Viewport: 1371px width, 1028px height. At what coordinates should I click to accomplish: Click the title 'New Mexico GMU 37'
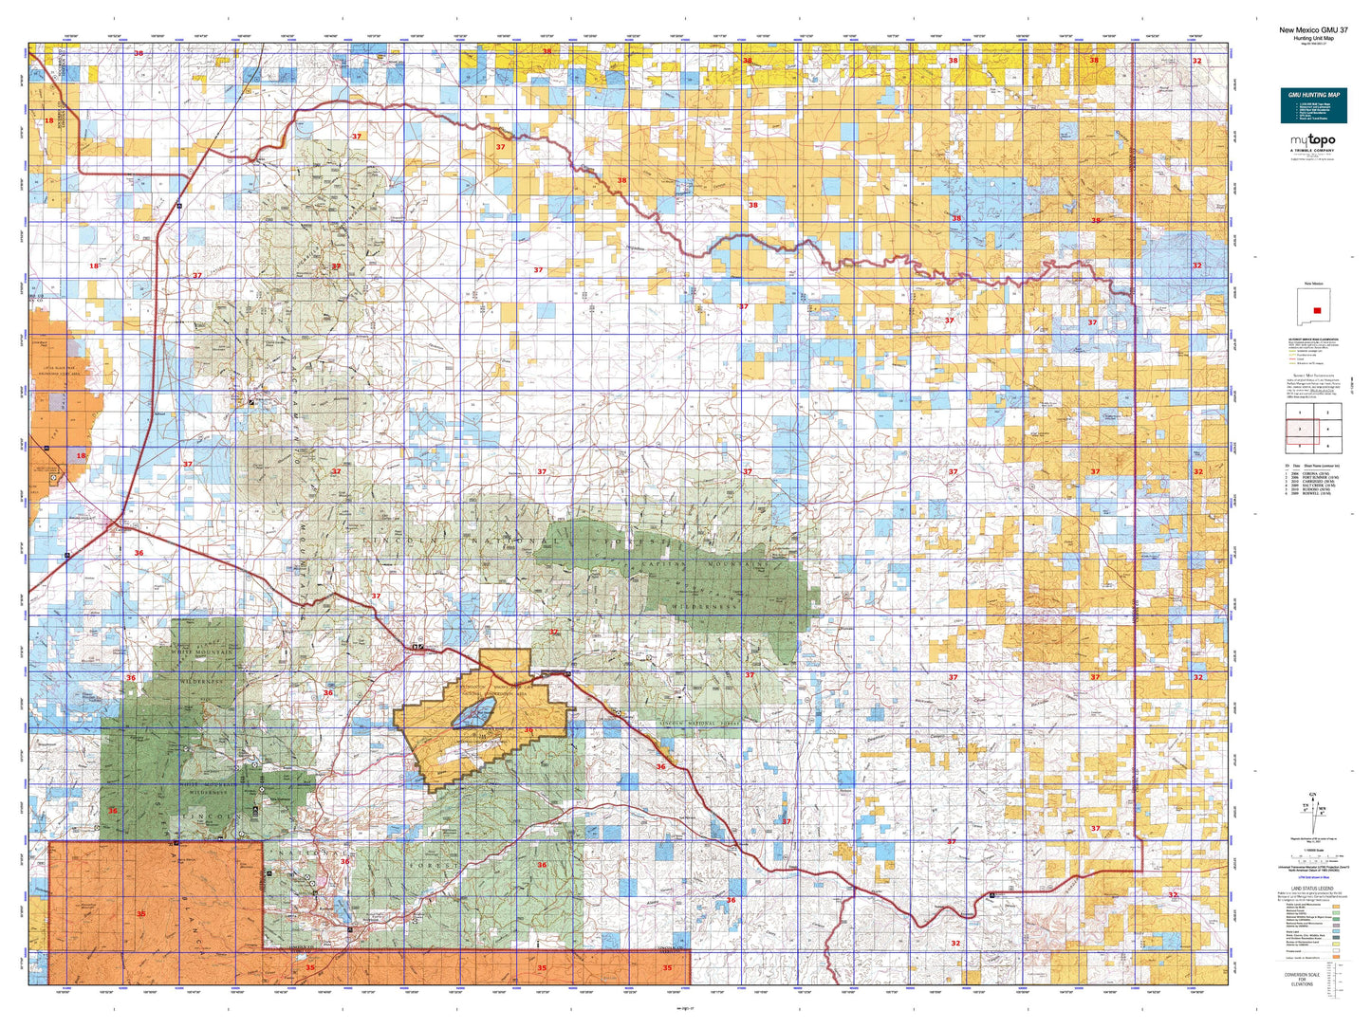coord(1313,29)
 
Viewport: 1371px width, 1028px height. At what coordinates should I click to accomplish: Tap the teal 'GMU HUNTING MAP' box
coord(1313,105)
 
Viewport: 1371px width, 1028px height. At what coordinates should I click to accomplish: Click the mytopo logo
coord(1313,141)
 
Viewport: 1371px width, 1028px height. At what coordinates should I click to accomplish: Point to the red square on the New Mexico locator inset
coord(1316,310)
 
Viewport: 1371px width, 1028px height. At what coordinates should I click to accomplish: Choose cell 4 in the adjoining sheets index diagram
coord(1327,430)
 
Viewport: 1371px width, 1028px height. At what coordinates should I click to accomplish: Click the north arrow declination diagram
coord(1313,813)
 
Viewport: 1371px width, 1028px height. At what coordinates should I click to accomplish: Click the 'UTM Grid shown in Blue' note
coord(1313,880)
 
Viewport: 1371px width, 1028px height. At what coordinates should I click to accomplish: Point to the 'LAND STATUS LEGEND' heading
coord(1313,889)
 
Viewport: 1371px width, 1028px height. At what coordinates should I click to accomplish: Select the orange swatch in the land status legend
coord(1337,957)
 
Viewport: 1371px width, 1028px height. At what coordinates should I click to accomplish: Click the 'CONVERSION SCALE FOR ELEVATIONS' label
coord(1313,979)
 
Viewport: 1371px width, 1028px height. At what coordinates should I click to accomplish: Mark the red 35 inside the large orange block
coord(140,913)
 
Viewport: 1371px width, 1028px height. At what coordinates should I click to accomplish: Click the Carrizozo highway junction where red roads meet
coord(117,521)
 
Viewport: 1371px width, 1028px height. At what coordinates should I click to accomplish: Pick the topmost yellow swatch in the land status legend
coord(1337,907)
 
